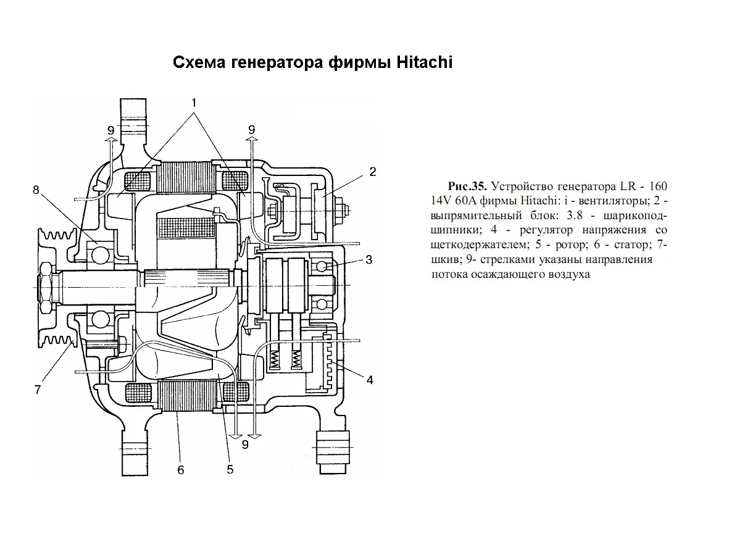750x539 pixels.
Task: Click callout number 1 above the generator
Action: [x=194, y=102]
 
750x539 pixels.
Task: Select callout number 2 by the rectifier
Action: [x=373, y=172]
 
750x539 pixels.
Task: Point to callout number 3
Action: [x=369, y=260]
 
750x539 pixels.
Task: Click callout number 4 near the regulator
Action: [x=369, y=380]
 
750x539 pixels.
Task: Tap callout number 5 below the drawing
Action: [x=230, y=469]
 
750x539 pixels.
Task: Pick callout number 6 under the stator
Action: [x=181, y=470]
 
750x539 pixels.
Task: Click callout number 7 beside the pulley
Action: [x=38, y=390]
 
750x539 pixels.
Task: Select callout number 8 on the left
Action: [x=36, y=191]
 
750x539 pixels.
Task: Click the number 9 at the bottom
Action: [x=245, y=445]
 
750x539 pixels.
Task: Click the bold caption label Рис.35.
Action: [x=467, y=186]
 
